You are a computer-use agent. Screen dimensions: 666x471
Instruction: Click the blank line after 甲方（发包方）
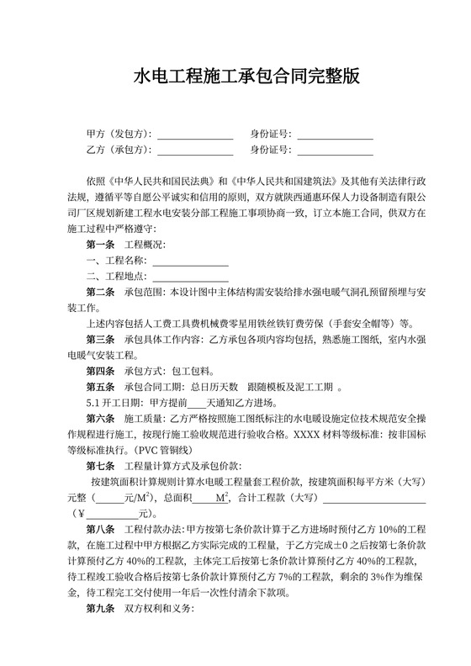point(195,135)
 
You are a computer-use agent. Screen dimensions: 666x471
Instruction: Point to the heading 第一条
point(100,245)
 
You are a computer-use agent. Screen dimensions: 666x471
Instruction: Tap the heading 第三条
point(100,340)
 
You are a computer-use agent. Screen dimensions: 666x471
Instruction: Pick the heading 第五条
point(100,388)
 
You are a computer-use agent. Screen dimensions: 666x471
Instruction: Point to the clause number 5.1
point(93,404)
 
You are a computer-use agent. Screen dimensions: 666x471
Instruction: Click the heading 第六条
point(100,419)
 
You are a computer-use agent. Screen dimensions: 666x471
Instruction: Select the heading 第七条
point(100,467)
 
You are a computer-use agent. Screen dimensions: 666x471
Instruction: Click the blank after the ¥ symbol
point(114,514)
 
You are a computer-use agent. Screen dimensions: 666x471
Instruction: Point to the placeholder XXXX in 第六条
point(323,435)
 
